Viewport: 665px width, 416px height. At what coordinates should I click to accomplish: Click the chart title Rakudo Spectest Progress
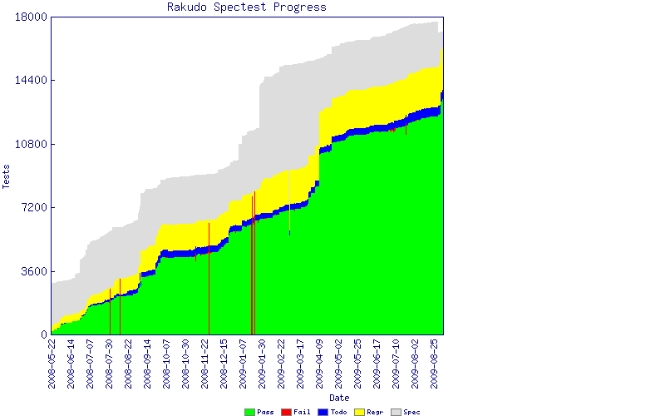247,7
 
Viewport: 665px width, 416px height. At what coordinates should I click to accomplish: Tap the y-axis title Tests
7,176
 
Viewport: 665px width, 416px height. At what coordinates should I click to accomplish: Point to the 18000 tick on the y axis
32,17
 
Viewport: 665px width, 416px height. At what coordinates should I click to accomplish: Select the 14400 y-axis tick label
32,81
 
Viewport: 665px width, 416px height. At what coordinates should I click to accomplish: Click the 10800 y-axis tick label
32,145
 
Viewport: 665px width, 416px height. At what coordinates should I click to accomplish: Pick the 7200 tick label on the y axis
34,208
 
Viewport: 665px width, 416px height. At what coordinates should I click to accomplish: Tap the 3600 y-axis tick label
34,271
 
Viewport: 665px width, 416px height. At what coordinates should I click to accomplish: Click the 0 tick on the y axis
43,334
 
